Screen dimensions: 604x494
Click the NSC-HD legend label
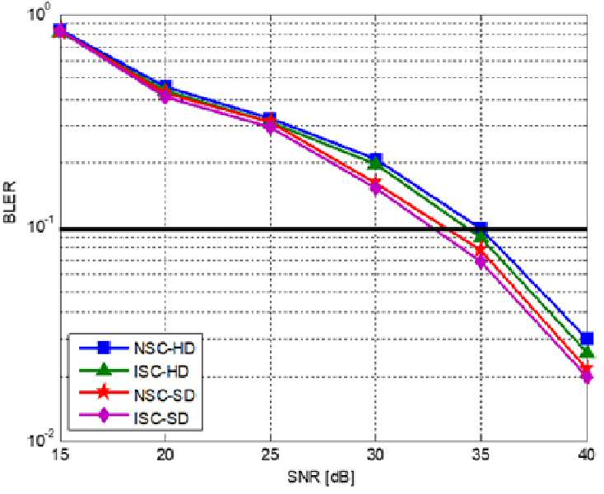tap(165, 349)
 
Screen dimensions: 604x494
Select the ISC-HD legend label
tap(161, 372)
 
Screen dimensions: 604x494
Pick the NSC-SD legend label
tap(164, 395)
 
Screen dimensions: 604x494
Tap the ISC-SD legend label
tap(161, 418)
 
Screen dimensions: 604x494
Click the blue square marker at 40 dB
tap(587, 338)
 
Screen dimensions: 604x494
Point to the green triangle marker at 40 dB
tap(587, 352)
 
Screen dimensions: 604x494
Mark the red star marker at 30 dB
tap(375, 182)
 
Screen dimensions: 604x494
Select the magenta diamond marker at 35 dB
tap(481, 261)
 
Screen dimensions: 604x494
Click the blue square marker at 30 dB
tap(375, 159)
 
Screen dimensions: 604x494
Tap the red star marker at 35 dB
tap(481, 250)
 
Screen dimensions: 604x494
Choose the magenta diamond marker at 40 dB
tap(587, 376)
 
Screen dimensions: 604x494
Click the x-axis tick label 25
tap(271, 455)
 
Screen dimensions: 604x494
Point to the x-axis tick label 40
tap(587, 455)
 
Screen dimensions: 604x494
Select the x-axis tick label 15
tap(60, 455)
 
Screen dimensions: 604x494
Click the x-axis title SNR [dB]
tap(321, 478)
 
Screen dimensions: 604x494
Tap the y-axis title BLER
tap(10, 203)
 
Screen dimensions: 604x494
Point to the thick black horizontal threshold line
tap(323, 229)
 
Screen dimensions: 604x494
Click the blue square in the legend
tap(104, 348)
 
